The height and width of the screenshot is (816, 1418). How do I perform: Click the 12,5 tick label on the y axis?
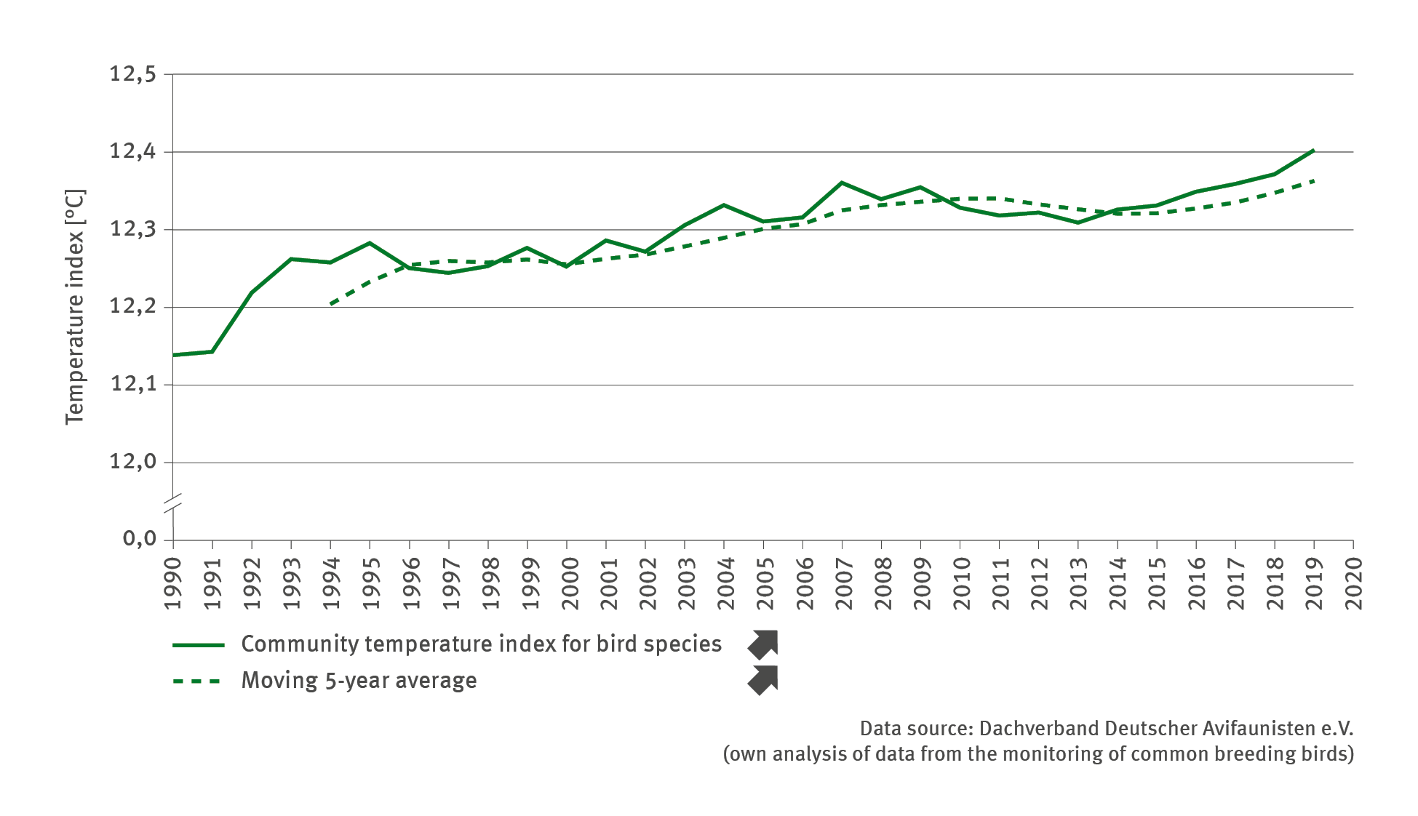point(132,74)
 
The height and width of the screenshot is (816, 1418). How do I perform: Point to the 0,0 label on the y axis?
point(139,539)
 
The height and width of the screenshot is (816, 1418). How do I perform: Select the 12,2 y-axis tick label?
point(132,306)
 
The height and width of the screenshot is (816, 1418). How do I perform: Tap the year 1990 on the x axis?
point(173,584)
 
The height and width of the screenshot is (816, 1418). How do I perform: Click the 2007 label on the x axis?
point(843,584)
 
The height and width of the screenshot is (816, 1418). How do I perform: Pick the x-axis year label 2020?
point(1354,584)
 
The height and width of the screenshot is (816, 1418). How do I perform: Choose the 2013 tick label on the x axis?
point(1078,584)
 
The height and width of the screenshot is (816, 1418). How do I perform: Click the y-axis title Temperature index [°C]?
point(75,306)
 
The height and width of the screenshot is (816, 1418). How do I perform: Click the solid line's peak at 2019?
point(1313,151)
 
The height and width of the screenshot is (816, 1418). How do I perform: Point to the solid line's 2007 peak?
point(842,183)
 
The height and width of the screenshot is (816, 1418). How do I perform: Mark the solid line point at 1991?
point(212,351)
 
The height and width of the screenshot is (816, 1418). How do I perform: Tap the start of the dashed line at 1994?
point(331,304)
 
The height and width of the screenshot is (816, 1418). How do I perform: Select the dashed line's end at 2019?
point(1313,180)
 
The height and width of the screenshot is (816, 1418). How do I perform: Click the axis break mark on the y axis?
point(173,504)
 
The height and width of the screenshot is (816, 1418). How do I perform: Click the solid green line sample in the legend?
point(198,645)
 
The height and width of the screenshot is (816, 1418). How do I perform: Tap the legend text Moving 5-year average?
point(359,681)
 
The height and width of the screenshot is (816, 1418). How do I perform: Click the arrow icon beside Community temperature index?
point(763,644)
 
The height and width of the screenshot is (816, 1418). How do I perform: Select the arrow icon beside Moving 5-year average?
point(763,681)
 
